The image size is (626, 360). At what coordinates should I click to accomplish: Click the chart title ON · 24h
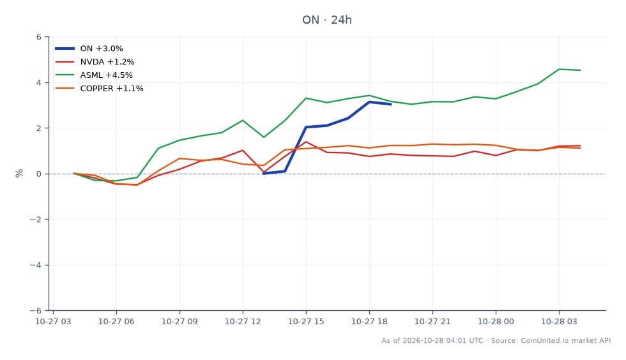pos(326,20)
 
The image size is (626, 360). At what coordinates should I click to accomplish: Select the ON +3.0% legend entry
pos(89,49)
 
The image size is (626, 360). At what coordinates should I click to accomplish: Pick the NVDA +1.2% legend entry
pos(95,62)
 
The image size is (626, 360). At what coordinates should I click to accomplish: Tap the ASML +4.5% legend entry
pos(94,75)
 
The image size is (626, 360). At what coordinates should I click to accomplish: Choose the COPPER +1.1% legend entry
pos(99,88)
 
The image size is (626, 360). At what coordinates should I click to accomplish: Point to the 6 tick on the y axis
pos(39,37)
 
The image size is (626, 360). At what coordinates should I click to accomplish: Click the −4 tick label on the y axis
pos(36,265)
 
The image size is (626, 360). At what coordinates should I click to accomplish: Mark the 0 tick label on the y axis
pos(39,174)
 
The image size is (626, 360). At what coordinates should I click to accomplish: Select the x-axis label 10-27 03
pos(53,321)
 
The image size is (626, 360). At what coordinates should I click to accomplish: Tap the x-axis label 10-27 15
pos(306,321)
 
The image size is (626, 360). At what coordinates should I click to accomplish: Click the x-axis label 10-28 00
pos(496,321)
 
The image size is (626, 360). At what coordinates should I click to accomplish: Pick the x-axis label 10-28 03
pos(559,321)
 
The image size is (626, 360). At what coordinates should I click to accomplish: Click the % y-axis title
pos(19,173)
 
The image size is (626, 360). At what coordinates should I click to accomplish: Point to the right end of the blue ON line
pos(390,104)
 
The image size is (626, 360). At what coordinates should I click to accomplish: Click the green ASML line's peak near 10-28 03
pos(559,70)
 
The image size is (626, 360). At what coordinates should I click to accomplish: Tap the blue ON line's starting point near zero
pos(264,173)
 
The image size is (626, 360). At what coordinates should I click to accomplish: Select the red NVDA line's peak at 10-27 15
pos(306,142)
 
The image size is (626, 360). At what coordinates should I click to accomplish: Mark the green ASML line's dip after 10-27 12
pos(264,137)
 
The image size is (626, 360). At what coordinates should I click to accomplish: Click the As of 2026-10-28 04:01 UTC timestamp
pos(432,340)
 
